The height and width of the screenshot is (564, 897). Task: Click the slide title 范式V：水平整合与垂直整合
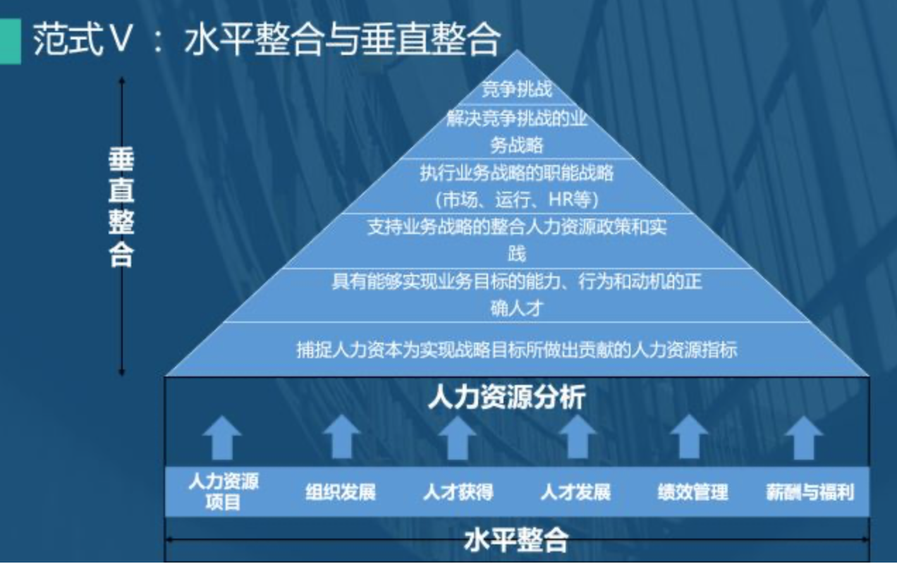click(267, 39)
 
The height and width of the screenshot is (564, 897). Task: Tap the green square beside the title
click(9, 40)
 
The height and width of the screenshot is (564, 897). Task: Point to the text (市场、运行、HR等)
click(517, 200)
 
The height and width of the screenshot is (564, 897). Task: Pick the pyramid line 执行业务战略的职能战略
click(517, 172)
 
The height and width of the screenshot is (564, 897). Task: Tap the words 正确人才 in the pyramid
click(517, 308)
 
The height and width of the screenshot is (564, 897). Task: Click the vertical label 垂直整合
click(121, 207)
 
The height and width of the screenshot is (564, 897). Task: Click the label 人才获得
click(458, 491)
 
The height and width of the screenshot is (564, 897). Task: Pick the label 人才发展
click(575, 491)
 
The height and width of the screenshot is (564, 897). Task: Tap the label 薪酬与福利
click(810, 491)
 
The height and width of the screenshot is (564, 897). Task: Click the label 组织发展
click(340, 491)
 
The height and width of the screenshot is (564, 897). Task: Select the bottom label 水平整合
click(517, 540)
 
